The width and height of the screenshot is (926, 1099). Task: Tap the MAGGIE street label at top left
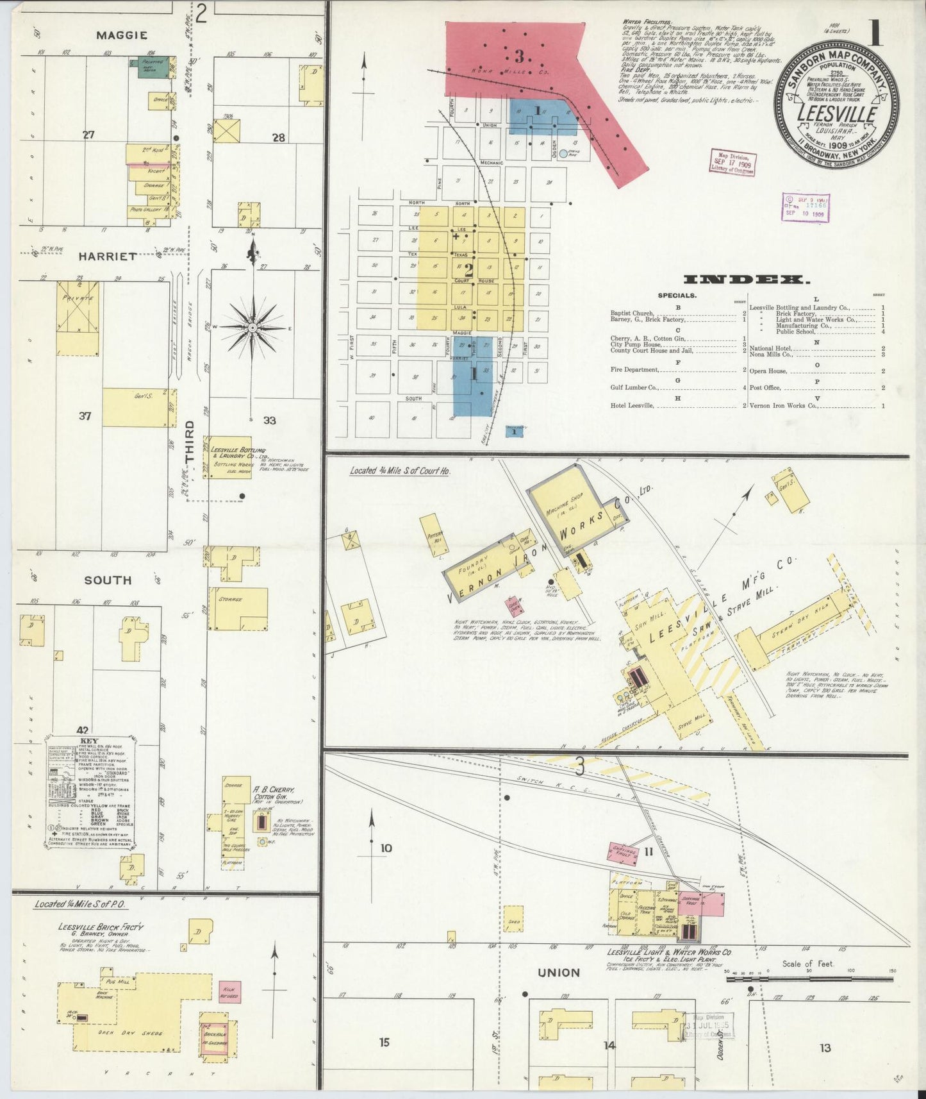(x=122, y=35)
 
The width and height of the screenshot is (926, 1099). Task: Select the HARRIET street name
(x=108, y=256)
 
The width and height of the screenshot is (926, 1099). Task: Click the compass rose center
(x=253, y=328)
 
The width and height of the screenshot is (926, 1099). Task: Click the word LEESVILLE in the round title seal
(x=836, y=114)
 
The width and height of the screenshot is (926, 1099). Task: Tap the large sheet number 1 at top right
(x=875, y=33)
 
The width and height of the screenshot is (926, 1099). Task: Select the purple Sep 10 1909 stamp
(x=806, y=207)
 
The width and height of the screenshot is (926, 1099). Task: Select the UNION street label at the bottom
(x=559, y=973)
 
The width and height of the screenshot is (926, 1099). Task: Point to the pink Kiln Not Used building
(x=229, y=991)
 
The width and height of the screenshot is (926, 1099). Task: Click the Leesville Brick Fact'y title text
(x=101, y=927)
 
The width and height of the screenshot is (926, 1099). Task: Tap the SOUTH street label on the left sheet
(x=108, y=580)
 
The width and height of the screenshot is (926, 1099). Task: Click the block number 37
(x=85, y=416)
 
